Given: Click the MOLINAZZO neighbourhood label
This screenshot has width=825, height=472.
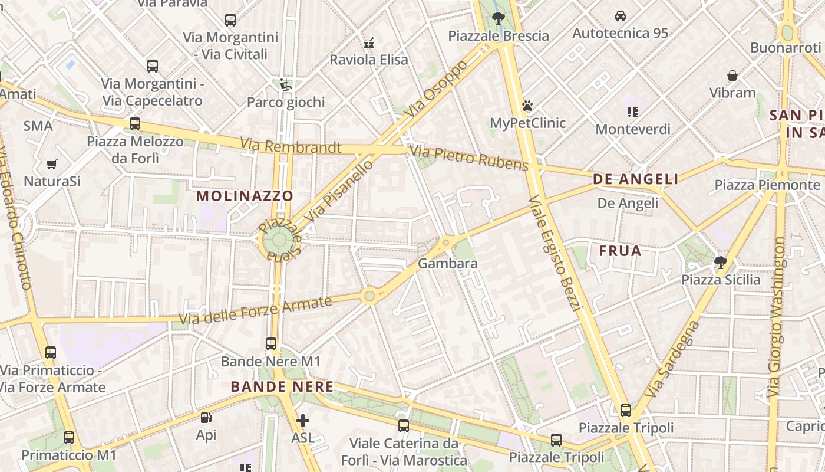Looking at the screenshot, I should (x=245, y=196).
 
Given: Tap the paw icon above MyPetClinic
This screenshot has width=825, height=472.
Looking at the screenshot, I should (x=527, y=106).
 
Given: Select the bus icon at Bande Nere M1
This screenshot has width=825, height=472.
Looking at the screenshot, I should (x=271, y=343).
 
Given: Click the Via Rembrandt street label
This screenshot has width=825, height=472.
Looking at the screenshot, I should (x=291, y=146).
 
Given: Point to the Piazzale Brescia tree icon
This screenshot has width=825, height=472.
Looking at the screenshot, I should (x=498, y=18).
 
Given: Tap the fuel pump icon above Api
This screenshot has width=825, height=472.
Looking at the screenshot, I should (x=206, y=418).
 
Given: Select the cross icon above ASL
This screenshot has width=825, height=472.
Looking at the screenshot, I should (x=303, y=421).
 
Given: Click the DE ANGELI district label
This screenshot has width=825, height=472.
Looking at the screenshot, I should (x=636, y=179).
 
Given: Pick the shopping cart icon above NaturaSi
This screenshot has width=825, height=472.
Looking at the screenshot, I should (x=52, y=164).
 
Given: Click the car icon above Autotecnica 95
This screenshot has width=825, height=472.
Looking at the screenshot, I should (x=621, y=16).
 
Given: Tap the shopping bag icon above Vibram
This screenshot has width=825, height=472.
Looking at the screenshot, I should (x=732, y=76).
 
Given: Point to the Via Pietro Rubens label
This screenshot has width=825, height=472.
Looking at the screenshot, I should (x=469, y=158).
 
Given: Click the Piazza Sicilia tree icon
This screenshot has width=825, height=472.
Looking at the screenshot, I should (x=720, y=262).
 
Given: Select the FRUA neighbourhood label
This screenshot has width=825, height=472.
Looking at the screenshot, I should (x=620, y=251).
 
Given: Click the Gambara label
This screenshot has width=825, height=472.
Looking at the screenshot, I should (x=448, y=264).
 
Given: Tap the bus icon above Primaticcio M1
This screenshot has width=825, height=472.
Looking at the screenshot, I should (x=69, y=438).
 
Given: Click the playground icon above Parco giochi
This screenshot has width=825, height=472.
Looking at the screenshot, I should (x=285, y=86).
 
